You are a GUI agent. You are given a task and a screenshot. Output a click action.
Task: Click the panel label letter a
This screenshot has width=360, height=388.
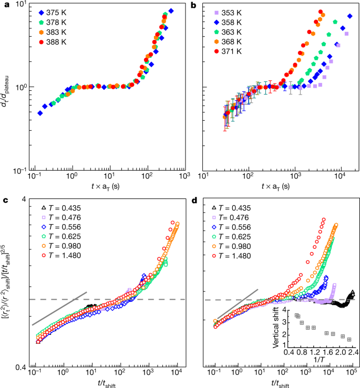4,5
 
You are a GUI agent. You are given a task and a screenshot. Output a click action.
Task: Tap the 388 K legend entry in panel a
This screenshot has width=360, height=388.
60,41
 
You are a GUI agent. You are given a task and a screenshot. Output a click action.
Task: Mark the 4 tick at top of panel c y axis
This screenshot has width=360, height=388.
26,200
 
